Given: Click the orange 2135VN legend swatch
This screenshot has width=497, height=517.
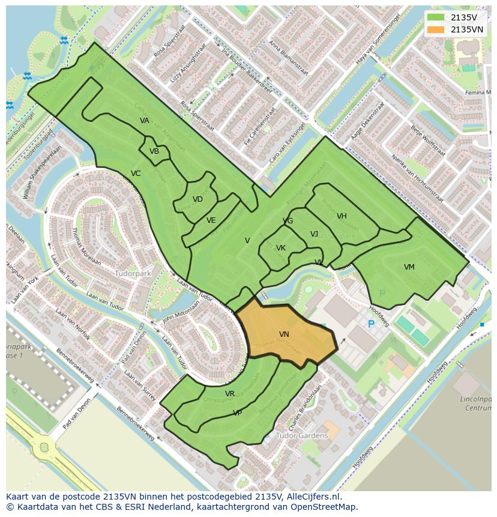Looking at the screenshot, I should pyautogui.click(x=436, y=29).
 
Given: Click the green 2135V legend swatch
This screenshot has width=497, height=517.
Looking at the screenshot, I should pyautogui.click(x=436, y=17).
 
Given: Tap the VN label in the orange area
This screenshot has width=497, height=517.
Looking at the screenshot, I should pyautogui.click(x=284, y=334).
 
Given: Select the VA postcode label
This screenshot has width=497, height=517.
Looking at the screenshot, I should pyautogui.click(x=145, y=121).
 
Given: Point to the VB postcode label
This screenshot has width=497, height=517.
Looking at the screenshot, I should pyautogui.click(x=154, y=151).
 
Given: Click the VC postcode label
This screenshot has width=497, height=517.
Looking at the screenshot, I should pyautogui.click(x=136, y=174).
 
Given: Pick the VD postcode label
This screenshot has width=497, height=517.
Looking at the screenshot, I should pyautogui.click(x=197, y=199).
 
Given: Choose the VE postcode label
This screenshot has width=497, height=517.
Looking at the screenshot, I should pyautogui.click(x=211, y=220).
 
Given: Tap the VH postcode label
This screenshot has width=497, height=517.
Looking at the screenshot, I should pyautogui.click(x=342, y=216).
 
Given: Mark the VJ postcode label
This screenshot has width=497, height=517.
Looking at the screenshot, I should pyautogui.click(x=314, y=234).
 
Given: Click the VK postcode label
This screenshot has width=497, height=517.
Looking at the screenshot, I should pyautogui.click(x=281, y=248).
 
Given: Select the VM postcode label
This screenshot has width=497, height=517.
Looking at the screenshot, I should pyautogui.click(x=409, y=267).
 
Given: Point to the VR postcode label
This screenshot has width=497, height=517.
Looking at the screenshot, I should pyautogui.click(x=230, y=394).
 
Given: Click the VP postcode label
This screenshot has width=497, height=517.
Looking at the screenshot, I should pyautogui.click(x=237, y=413).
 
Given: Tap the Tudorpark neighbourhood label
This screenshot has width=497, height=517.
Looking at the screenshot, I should pyautogui.click(x=133, y=273).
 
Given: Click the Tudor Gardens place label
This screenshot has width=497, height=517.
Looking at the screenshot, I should pyautogui.click(x=302, y=435).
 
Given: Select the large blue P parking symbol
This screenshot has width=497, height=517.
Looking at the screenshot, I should pyautogui.click(x=371, y=324).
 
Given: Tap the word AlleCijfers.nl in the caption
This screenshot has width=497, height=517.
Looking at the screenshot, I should pyautogui.click(x=312, y=497).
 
